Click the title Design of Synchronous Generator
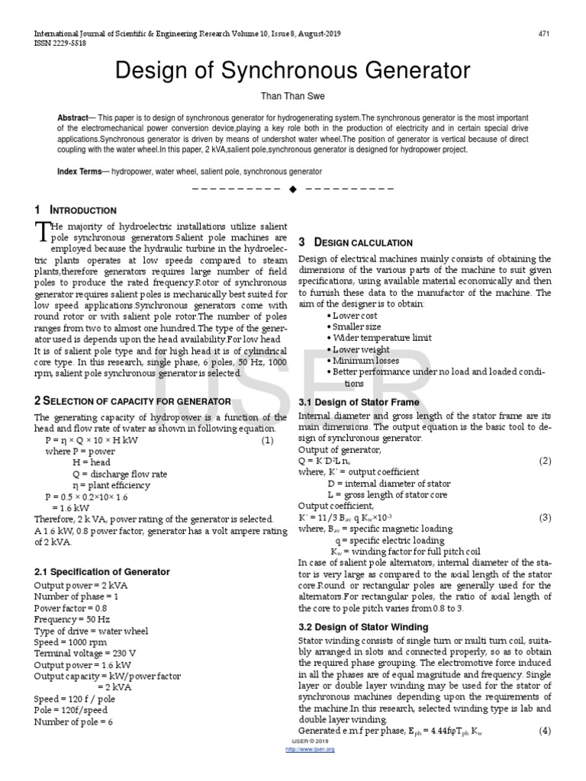click(x=292, y=71)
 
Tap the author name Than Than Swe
click(x=293, y=98)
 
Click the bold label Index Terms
click(x=79, y=172)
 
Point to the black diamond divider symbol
click(x=292, y=189)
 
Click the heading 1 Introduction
click(x=76, y=210)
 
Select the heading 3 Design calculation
click(x=356, y=243)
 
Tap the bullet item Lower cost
click(x=354, y=316)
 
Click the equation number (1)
click(x=267, y=441)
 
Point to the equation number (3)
click(x=545, y=517)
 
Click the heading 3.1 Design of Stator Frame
click(x=359, y=401)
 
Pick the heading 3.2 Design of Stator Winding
click(x=362, y=627)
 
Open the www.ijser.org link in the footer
click(x=310, y=749)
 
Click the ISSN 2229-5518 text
click(x=59, y=44)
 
